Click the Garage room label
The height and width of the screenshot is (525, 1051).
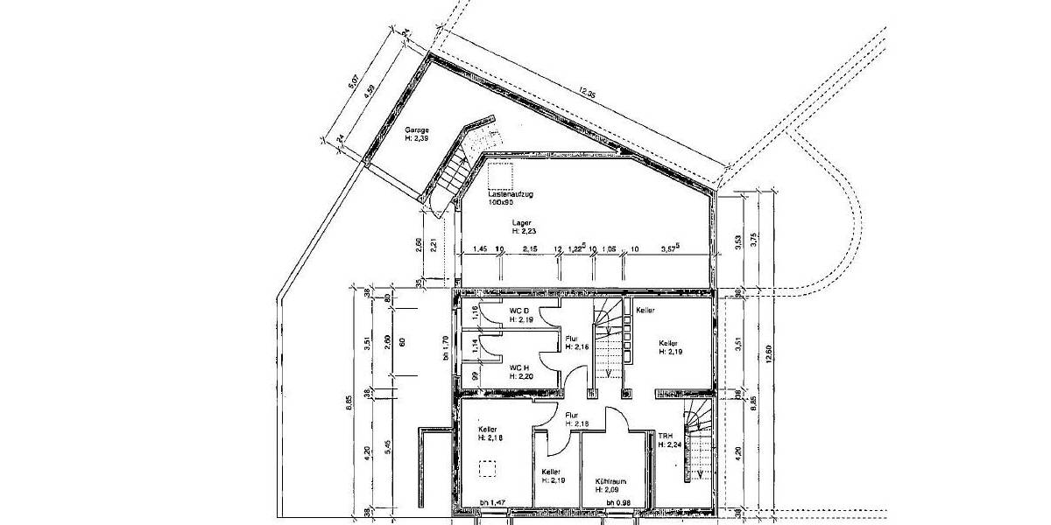416,129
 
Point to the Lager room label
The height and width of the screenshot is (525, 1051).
522,223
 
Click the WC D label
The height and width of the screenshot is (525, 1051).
520,311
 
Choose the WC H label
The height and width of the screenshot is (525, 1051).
520,367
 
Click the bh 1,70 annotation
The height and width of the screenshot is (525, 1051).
445,347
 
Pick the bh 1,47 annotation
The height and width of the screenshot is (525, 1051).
493,502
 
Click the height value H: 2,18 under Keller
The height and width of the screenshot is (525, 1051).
490,437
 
